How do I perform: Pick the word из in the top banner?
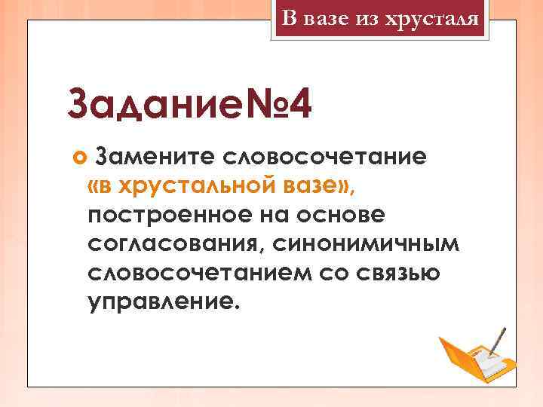point(366,17)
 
